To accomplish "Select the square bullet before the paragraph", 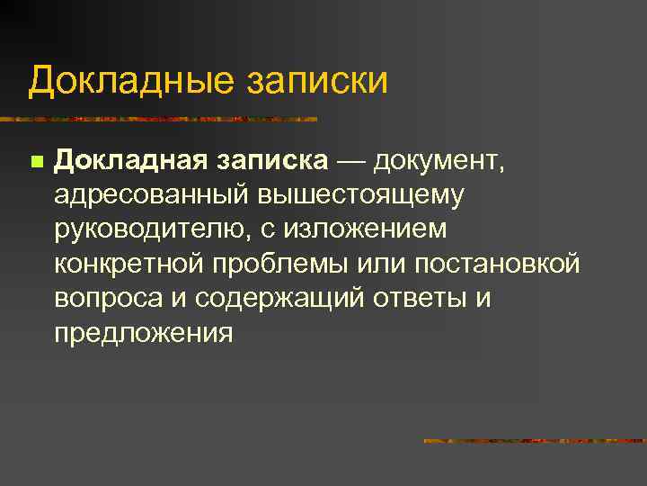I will pos(35,163).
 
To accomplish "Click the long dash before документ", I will pos(351,162).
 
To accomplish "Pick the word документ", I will pos(438,162).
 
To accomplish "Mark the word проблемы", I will pos(280,265).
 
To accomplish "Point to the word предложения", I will pos(144,333).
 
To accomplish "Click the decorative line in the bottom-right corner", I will pos(535,440).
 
